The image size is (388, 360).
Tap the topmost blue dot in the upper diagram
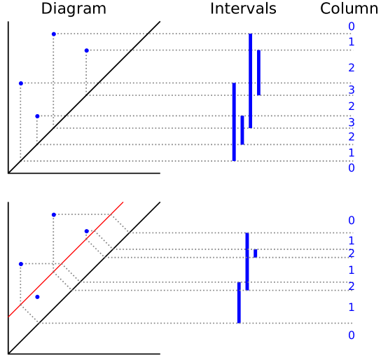pyautogui.click(x=53, y=34)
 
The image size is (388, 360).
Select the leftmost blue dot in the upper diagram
pyautogui.click(x=21, y=83)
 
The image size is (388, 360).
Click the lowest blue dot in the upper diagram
pyautogui.click(x=37, y=116)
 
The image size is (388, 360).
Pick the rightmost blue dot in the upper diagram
pyautogui.click(x=87, y=50)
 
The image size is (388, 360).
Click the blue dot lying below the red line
pyautogui.click(x=37, y=297)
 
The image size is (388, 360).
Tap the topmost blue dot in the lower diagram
pyautogui.click(x=53, y=214)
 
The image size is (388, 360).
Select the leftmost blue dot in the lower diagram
pyautogui.click(x=21, y=264)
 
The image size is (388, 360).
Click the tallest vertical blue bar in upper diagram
pyautogui.click(x=250, y=81)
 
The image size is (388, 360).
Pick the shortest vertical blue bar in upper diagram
pyautogui.click(x=242, y=130)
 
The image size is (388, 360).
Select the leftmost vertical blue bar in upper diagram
pyautogui.click(x=234, y=122)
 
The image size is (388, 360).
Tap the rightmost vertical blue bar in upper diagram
pyautogui.click(x=258, y=72)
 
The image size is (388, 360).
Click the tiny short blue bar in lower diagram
pyautogui.click(x=256, y=253)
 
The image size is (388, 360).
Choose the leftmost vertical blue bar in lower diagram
pyautogui.click(x=238, y=303)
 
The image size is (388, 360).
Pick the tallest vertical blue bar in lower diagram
pyautogui.click(x=247, y=261)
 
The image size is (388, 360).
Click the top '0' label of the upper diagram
pyautogui.click(x=351, y=27)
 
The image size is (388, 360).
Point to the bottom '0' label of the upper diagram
pyautogui.click(x=351, y=168)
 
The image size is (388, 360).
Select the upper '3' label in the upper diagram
pyautogui.click(x=351, y=90)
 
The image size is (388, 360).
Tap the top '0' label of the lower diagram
pyautogui.click(x=351, y=221)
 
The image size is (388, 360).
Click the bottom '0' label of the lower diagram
pyautogui.click(x=351, y=335)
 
